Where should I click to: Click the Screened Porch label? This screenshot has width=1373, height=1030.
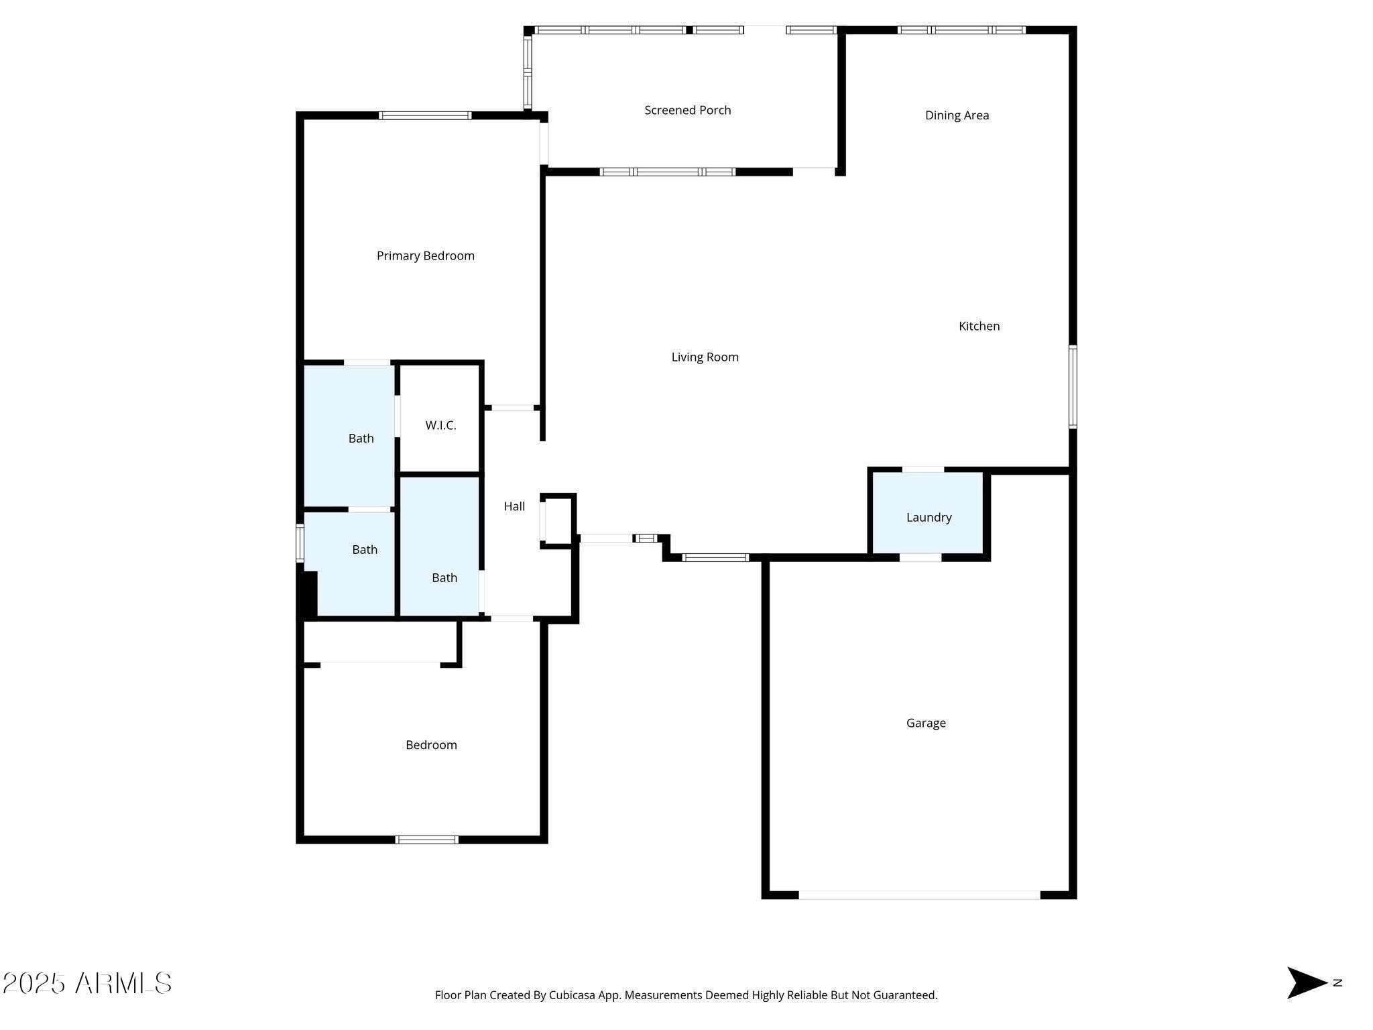click(688, 110)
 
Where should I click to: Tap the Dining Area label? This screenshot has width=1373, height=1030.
click(957, 115)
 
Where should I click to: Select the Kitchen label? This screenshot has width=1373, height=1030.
click(979, 326)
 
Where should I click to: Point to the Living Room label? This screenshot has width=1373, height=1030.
click(705, 357)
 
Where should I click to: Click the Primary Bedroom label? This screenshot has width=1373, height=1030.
click(426, 255)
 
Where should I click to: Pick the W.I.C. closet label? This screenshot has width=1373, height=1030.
click(440, 425)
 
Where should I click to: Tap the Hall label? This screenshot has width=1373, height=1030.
click(514, 506)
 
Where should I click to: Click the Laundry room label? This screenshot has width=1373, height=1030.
click(929, 517)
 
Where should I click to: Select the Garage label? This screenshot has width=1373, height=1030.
click(926, 723)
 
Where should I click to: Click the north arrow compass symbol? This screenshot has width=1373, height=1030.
click(1307, 982)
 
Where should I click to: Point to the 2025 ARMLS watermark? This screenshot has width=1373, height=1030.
click(87, 983)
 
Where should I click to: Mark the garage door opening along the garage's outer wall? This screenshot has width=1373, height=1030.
click(919, 895)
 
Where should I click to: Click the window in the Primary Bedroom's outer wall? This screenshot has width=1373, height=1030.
click(425, 115)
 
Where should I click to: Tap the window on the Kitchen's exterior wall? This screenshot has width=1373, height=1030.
click(1073, 386)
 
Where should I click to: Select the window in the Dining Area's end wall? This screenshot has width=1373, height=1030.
click(961, 30)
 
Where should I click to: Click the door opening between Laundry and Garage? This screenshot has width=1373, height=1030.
click(920, 557)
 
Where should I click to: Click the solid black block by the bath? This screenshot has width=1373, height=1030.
click(307, 593)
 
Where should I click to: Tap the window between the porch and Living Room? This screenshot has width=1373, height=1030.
click(668, 172)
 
